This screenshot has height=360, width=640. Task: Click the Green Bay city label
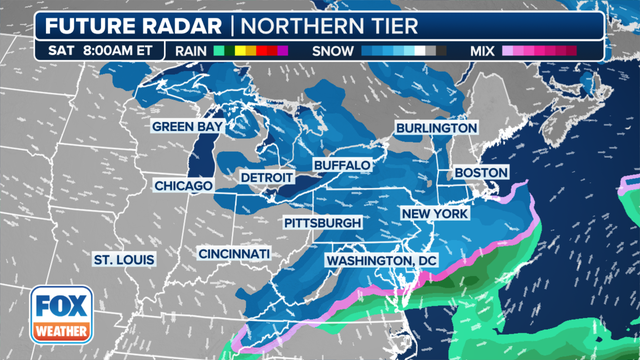click(x=188, y=127)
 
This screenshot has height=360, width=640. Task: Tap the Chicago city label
click(x=183, y=186)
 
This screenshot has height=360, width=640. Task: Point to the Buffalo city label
click(x=342, y=164)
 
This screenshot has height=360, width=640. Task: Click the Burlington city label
click(x=436, y=129)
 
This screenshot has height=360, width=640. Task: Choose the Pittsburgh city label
click(x=323, y=221)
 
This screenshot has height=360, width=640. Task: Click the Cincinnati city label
click(x=233, y=254)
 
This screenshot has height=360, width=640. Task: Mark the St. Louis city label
click(x=124, y=260)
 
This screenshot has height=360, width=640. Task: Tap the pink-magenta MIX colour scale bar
click(x=540, y=49)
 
